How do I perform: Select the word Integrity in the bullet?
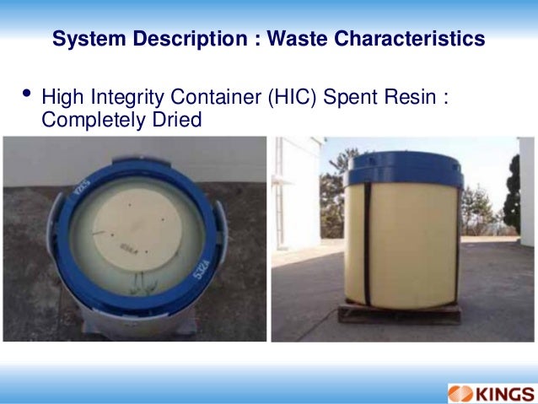click(129, 98)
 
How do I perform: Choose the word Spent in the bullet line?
click(352, 98)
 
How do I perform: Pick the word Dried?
click(178, 120)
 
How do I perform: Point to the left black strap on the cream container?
click(368, 245)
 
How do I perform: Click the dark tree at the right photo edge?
click(512, 198)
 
